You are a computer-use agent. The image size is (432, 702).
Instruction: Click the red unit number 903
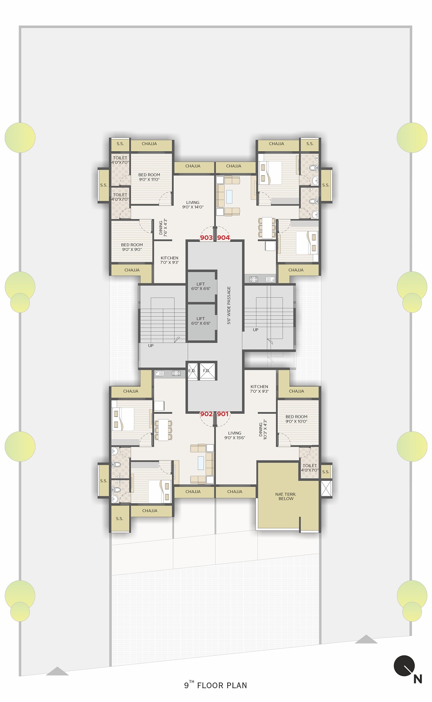[206, 238]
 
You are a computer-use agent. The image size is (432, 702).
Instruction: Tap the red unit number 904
[223, 238]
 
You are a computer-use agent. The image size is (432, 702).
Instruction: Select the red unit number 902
[206, 414]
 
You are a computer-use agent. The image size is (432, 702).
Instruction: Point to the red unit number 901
[223, 414]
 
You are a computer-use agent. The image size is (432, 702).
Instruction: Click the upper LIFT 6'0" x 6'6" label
[200, 286]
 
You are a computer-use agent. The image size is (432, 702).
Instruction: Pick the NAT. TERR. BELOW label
[286, 496]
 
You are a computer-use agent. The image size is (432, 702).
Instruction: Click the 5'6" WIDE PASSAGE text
[229, 305]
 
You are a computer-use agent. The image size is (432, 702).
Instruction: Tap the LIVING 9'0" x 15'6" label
[235, 435]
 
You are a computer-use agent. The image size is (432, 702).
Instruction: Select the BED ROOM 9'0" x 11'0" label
[149, 177]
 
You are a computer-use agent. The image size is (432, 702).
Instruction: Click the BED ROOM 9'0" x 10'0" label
[297, 419]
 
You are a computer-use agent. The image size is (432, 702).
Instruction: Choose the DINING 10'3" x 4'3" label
[263, 429]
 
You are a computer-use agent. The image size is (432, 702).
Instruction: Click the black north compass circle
[404, 666]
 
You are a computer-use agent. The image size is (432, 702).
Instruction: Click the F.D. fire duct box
[207, 371]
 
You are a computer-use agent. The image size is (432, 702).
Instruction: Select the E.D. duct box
[192, 371]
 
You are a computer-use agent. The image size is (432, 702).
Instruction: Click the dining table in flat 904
[267, 228]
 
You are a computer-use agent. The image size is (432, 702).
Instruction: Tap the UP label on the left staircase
[151, 346]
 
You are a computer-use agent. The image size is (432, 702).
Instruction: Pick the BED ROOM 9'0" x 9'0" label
[132, 247]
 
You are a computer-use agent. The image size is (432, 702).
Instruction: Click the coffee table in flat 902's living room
[200, 463]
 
